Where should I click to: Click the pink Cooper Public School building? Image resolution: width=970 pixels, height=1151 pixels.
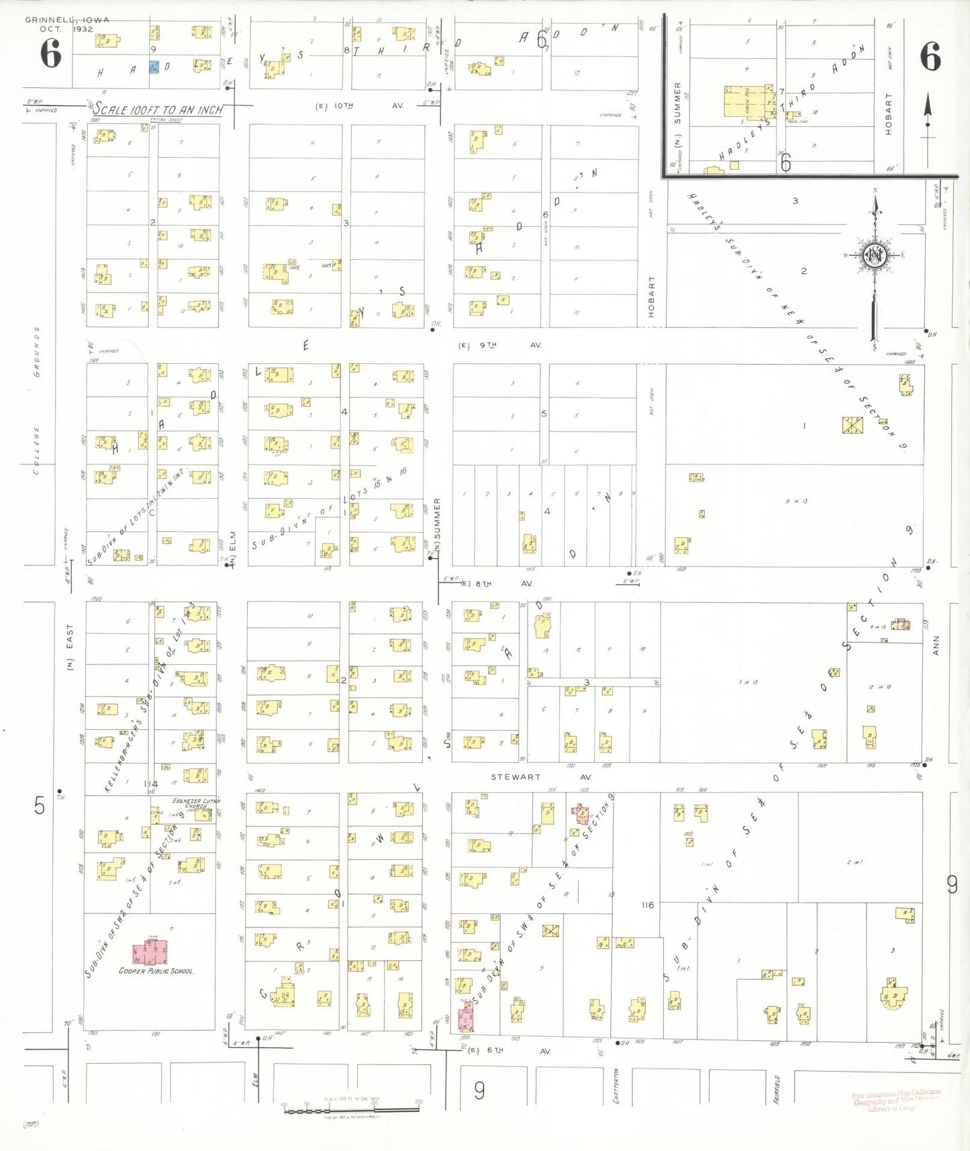pos(150,952)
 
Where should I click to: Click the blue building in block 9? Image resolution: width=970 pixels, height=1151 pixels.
pos(154,67)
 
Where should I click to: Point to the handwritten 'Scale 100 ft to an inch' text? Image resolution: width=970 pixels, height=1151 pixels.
pos(158,109)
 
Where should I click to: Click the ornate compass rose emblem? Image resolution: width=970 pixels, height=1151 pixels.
pos(875,255)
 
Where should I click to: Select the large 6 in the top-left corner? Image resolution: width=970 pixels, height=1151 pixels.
pos(50,54)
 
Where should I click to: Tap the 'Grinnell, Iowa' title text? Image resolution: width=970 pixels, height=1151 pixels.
pos(67,20)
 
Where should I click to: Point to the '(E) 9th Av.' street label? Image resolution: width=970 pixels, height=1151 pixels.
pos(499,345)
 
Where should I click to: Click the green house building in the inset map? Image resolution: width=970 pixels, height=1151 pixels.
pos(747,102)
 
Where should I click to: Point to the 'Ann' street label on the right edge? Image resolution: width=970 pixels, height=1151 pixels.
pos(936,646)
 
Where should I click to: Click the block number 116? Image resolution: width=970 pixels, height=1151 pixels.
pos(647,905)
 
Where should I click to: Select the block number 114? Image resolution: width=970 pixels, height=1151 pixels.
pos(150,784)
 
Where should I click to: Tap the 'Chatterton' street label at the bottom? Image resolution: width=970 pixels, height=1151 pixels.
pos(616,1086)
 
